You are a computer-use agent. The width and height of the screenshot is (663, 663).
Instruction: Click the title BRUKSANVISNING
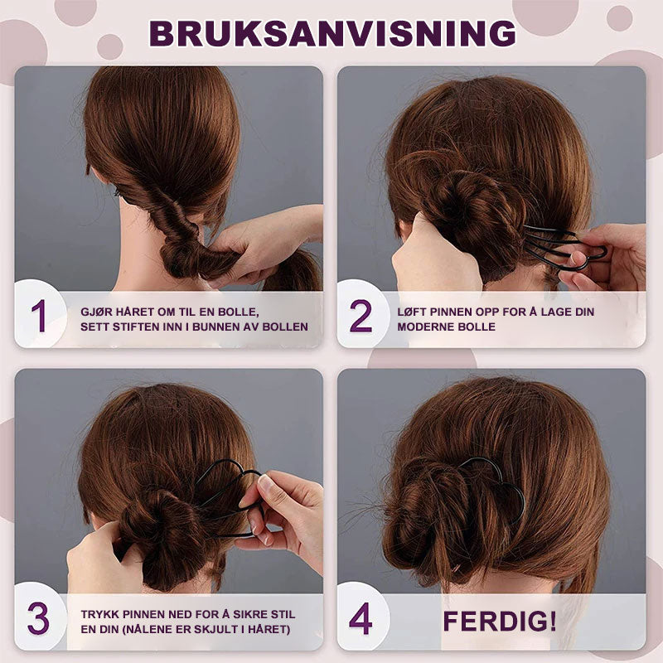point(332,33)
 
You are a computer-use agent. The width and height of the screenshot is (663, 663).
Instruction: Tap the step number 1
point(39,316)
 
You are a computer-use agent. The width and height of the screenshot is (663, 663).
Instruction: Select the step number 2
point(361,316)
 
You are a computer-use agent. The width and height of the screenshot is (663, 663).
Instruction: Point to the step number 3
point(38,618)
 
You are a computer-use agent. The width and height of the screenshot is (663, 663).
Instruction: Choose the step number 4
point(361,618)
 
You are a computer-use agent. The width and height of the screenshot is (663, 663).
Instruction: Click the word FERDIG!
point(500,621)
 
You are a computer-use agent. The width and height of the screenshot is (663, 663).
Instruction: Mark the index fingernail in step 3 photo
point(264,483)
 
